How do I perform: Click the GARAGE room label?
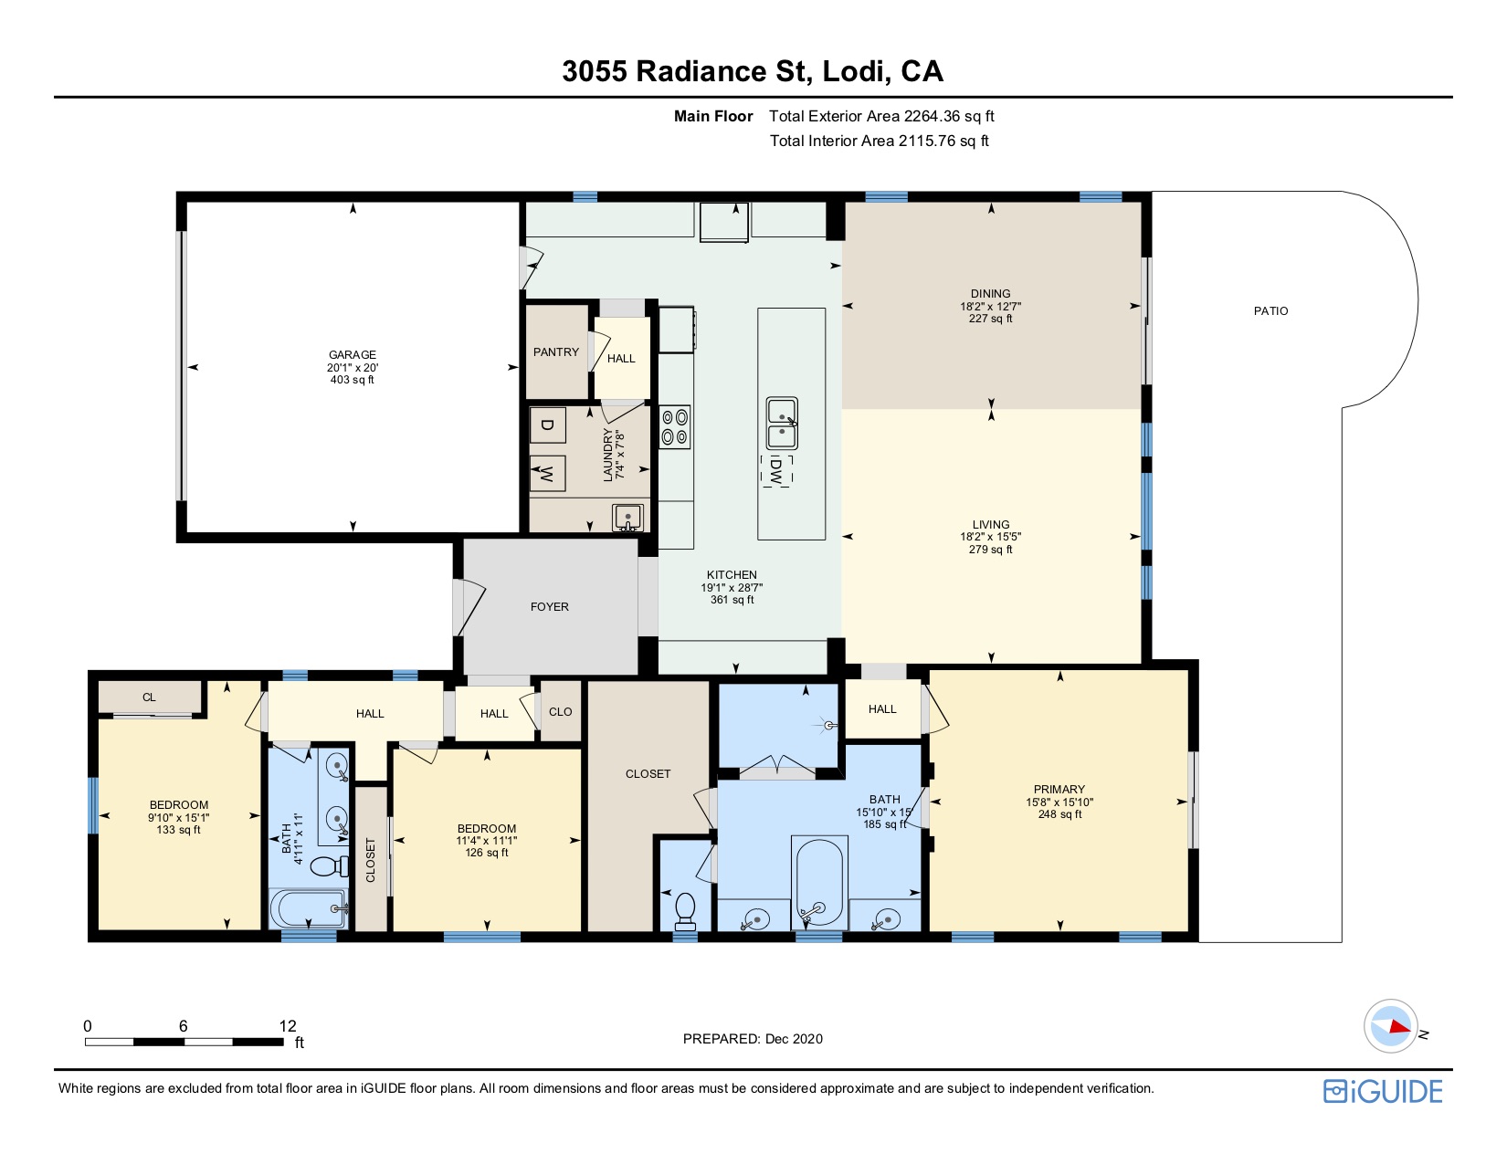[x=353, y=354]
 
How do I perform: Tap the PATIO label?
[x=1270, y=311]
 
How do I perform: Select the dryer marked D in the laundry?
[x=547, y=425]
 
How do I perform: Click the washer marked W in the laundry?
[x=547, y=474]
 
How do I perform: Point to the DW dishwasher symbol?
[x=776, y=471]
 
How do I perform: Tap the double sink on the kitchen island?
[x=782, y=423]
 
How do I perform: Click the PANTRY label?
[x=555, y=352]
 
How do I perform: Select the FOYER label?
[x=549, y=606]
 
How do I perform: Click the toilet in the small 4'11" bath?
[x=329, y=865]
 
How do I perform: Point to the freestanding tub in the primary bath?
[x=819, y=882]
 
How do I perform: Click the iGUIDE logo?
[x=1383, y=1092]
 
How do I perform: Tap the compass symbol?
[x=1390, y=1026]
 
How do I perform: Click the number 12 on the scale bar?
[x=288, y=1026]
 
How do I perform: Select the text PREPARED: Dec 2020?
[x=753, y=1039]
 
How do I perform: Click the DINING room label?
[x=990, y=294]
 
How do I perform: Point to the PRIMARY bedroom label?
[x=1059, y=789]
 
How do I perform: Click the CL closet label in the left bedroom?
[x=149, y=697]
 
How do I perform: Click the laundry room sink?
[x=627, y=518]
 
